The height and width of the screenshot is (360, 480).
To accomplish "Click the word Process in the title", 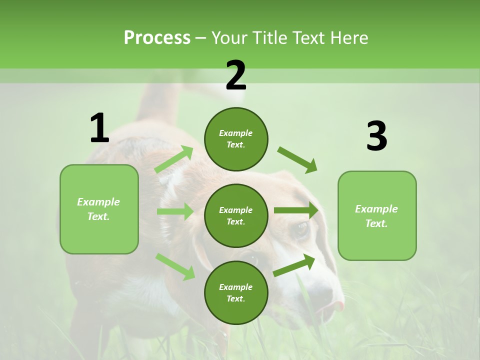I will click(157, 38).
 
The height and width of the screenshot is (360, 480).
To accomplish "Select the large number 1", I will click(99, 128).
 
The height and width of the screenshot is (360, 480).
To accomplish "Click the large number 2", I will click(236, 75).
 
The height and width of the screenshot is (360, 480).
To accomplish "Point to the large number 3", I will click(376, 136).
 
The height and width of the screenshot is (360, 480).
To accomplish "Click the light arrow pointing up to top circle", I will click(174, 160).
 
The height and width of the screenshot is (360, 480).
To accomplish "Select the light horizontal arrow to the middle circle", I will click(175, 211).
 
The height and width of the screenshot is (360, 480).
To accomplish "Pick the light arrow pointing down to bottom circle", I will click(175, 266).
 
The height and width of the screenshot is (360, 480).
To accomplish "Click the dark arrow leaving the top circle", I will click(297, 159).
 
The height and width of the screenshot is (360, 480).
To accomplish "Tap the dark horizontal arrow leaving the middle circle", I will click(296, 210).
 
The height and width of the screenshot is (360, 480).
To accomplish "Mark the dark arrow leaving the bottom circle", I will click(294, 265).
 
